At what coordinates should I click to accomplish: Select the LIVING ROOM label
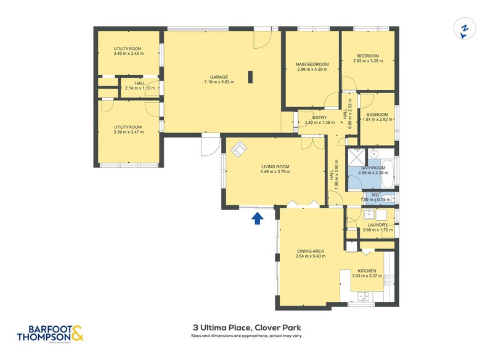click(x=275, y=166)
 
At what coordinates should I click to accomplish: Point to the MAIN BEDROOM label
click(x=312, y=64)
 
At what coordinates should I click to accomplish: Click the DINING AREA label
click(x=311, y=250)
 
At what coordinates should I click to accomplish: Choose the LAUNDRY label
click(x=378, y=225)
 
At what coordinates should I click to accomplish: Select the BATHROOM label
click(x=373, y=168)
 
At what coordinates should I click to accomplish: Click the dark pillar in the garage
click(x=251, y=76)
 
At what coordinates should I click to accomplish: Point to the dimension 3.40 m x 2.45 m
click(x=128, y=54)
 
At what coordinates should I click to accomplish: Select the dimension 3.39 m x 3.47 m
click(x=128, y=132)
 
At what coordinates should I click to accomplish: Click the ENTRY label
click(x=319, y=117)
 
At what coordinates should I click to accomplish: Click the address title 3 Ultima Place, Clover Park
click(x=246, y=327)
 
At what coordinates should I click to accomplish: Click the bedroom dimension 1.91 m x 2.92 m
click(x=377, y=120)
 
